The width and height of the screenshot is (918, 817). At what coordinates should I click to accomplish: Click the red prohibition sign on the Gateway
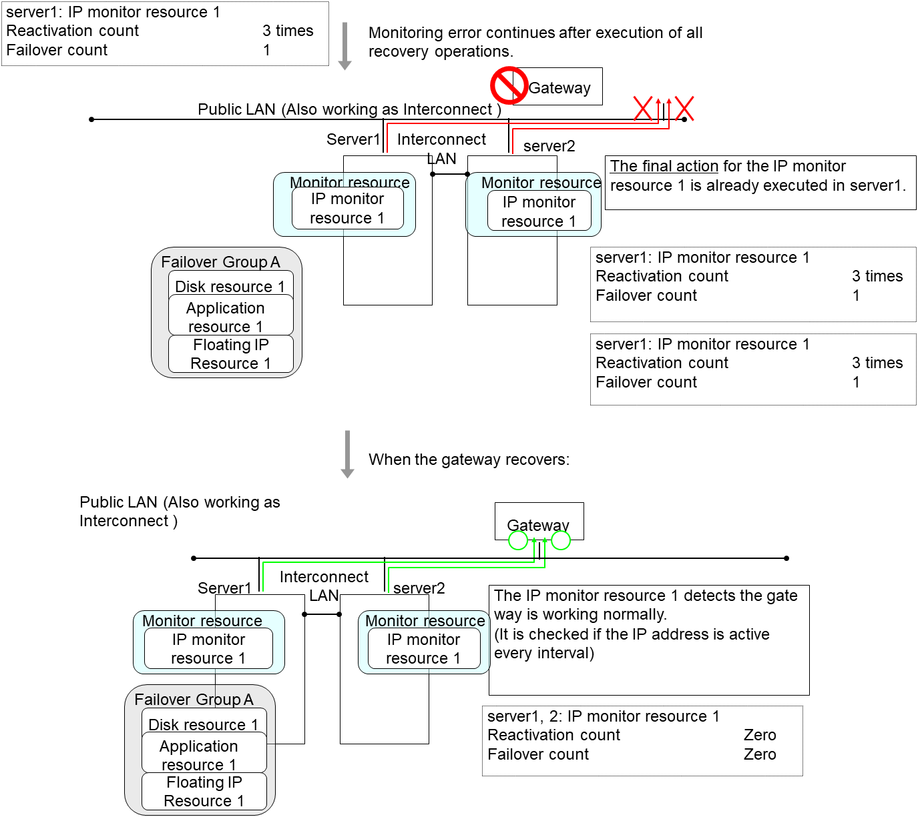pos(509,85)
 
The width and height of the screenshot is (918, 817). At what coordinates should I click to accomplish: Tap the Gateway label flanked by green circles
pos(538,526)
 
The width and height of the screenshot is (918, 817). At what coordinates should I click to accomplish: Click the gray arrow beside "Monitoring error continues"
pos(345,46)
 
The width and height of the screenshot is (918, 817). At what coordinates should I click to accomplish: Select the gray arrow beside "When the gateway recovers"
pos(347,454)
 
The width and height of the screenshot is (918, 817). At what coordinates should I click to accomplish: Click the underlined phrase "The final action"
pos(664,166)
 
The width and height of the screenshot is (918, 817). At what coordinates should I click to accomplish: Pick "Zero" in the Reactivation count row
pos(760,735)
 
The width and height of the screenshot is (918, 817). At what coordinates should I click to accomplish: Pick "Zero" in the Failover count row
pos(760,754)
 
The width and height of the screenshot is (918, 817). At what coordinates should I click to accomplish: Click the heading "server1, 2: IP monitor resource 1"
pos(604,716)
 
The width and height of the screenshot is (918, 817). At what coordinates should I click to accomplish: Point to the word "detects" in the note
pos(708,596)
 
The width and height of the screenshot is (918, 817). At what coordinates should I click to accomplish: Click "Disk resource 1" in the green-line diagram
pos(203,724)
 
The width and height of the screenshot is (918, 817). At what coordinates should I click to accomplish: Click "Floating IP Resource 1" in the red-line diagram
pos(230,354)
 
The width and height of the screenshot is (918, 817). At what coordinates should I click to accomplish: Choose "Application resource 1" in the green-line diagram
pos(198,755)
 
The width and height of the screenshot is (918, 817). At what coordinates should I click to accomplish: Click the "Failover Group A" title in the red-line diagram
pos(220,262)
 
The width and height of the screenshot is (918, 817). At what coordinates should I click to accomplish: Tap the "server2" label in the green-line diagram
pos(419,588)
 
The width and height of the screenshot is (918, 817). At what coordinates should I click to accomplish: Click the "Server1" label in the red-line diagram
pos(353,139)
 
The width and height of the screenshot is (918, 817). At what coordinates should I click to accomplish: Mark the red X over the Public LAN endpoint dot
pos(684,109)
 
